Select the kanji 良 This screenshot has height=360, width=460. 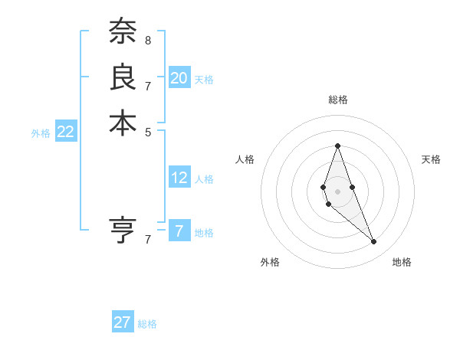point(123,77)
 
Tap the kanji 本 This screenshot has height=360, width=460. point(123,123)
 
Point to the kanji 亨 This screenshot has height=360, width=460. point(123,231)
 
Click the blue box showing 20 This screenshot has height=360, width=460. point(179,78)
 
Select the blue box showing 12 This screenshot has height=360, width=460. point(179,178)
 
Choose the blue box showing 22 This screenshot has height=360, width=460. point(66,132)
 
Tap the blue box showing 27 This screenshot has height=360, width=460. point(123,322)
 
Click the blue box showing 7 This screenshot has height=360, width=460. point(179,231)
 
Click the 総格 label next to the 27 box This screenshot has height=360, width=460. point(147,324)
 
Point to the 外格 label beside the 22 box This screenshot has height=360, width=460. point(41,133)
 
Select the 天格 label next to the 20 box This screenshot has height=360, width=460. point(204,80)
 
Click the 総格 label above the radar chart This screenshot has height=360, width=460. point(337,100)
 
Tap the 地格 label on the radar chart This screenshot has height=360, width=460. point(402,262)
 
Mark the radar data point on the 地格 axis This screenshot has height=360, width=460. point(374,242)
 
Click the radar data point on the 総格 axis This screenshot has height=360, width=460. point(337,146)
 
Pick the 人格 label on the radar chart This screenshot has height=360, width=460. point(245,159)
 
